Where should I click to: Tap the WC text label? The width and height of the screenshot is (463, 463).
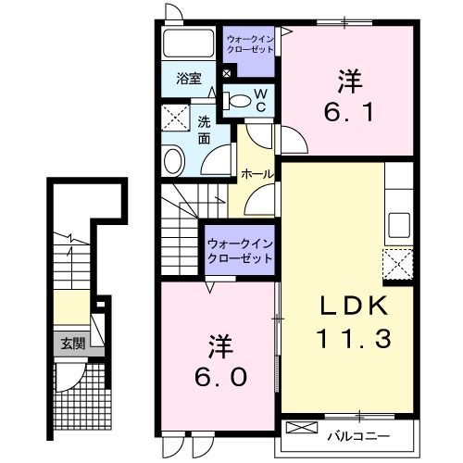pyautogui.click(x=260, y=99)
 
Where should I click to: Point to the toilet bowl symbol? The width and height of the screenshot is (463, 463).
pyautogui.click(x=239, y=102)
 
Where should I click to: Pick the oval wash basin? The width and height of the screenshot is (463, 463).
pyautogui.click(x=175, y=163)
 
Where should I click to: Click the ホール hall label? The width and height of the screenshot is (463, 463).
pyautogui.click(x=256, y=174)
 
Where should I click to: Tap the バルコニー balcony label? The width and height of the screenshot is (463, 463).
pyautogui.click(x=357, y=434)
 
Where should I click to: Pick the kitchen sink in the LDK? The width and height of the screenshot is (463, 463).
pyautogui.click(x=399, y=223)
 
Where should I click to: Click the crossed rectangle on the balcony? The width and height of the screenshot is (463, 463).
pyautogui.click(x=303, y=428)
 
